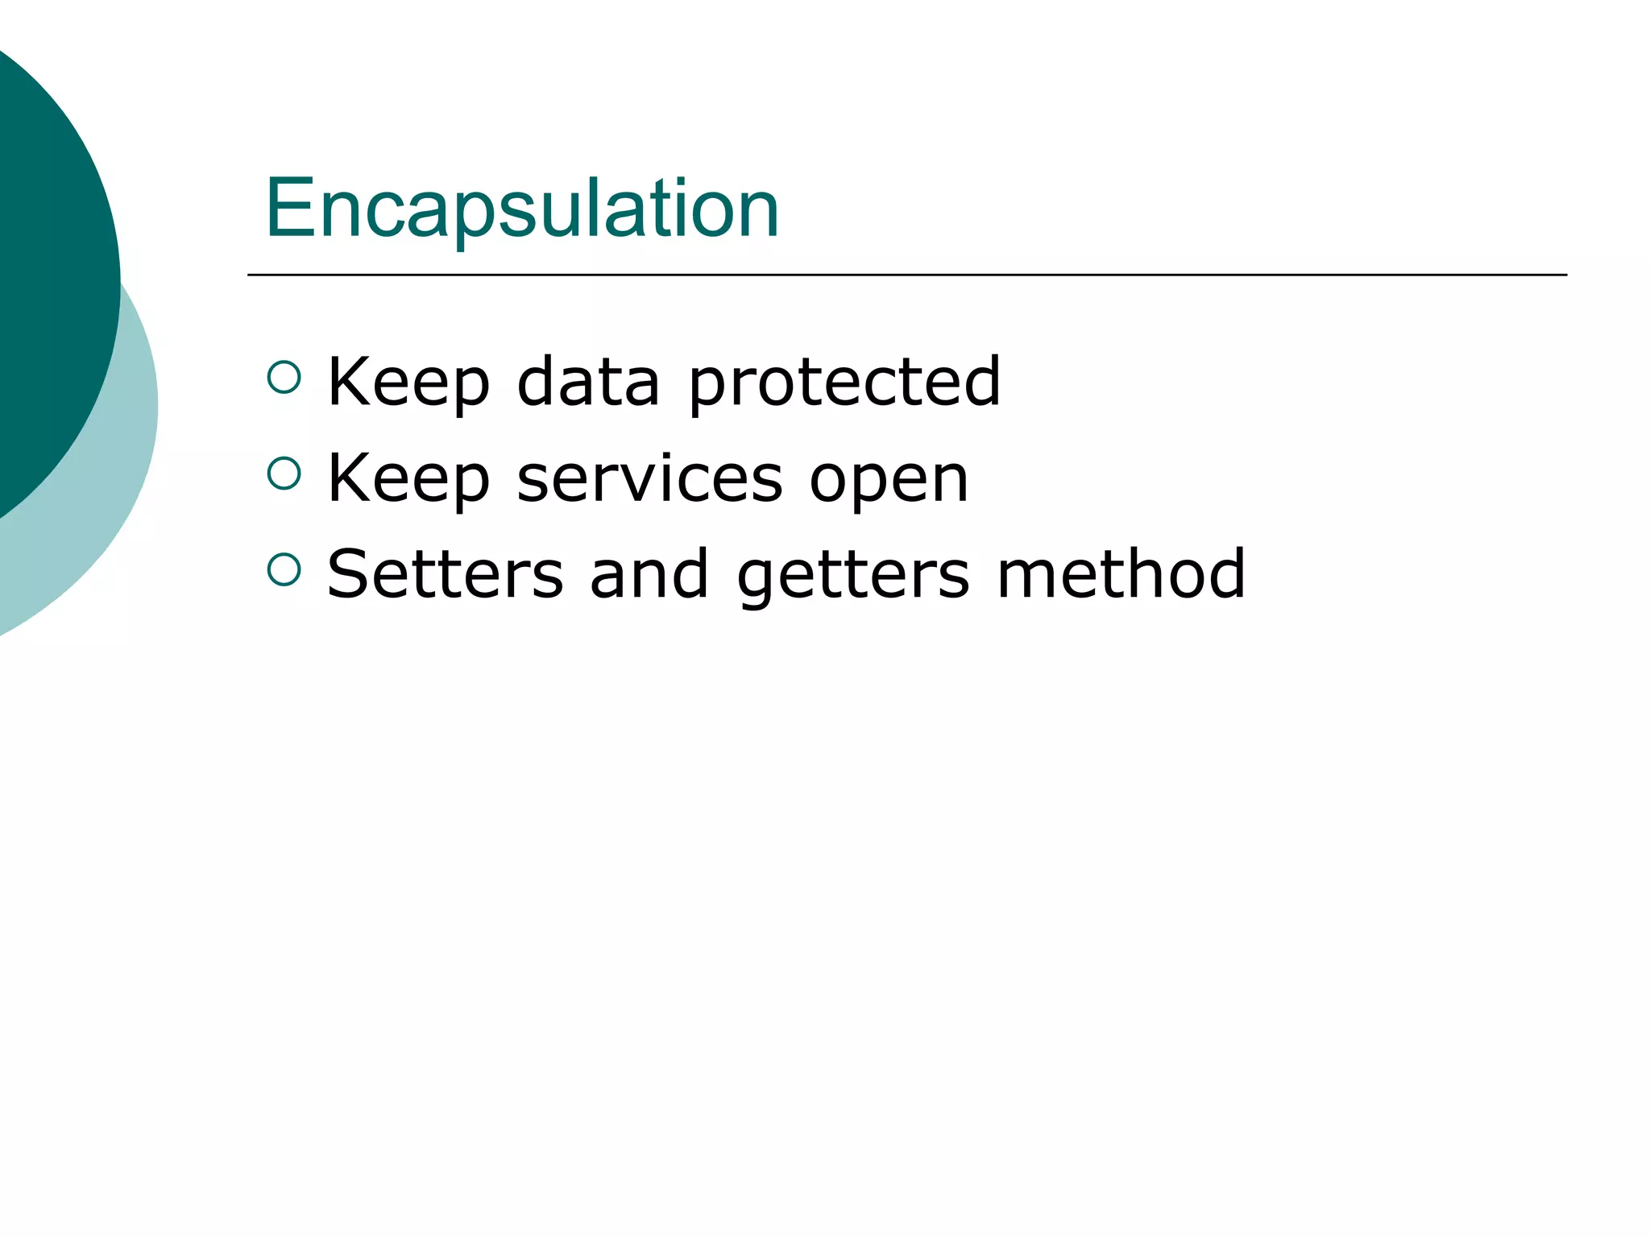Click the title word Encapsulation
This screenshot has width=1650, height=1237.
tap(522, 209)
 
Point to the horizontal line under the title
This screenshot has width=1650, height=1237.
tap(906, 275)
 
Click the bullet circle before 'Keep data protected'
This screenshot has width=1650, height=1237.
tap(284, 377)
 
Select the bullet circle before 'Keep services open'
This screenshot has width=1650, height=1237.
tap(284, 474)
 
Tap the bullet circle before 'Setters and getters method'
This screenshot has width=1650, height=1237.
tap(284, 569)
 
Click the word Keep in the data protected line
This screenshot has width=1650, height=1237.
tap(408, 383)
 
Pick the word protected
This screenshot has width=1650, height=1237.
tap(844, 383)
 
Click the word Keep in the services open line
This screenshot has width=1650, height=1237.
tap(408, 479)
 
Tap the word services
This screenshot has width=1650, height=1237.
tap(649, 479)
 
